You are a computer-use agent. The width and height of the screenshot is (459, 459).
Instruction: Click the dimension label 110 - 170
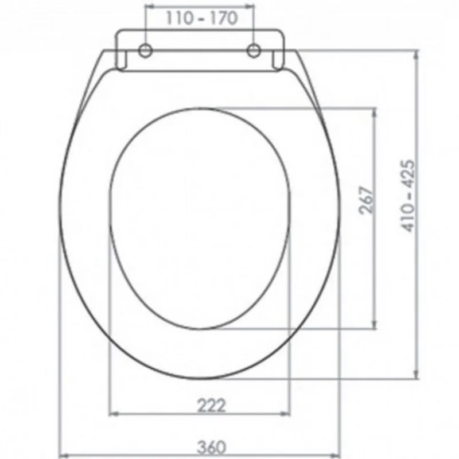pos(202,18)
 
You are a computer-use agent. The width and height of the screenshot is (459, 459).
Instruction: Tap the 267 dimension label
pos(367,200)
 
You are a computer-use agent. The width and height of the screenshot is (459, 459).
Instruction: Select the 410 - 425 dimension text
pos(409,196)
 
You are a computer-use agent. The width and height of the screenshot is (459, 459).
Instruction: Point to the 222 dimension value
pos(211,406)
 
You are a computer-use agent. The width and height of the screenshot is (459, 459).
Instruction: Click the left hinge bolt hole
pos(145,50)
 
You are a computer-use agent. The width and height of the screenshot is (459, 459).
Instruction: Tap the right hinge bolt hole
pos(254,50)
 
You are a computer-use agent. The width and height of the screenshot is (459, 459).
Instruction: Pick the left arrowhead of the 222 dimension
pos(114,414)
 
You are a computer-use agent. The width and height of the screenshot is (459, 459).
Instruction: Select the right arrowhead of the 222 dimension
pos(285,414)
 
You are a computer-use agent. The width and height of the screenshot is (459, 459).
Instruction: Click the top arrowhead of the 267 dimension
pos(374,112)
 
